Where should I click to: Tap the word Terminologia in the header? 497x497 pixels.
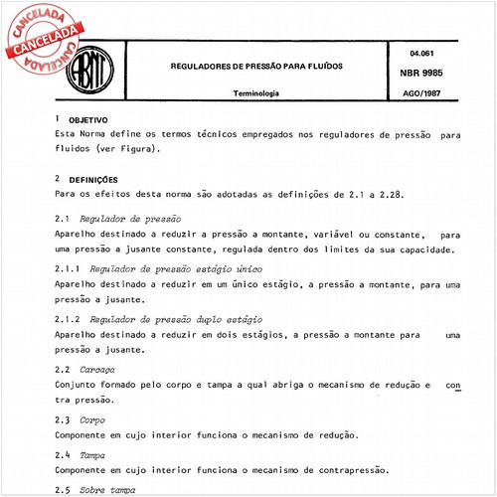pyautogui.click(x=255, y=93)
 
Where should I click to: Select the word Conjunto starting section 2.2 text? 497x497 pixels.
pyautogui.click(x=77, y=385)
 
